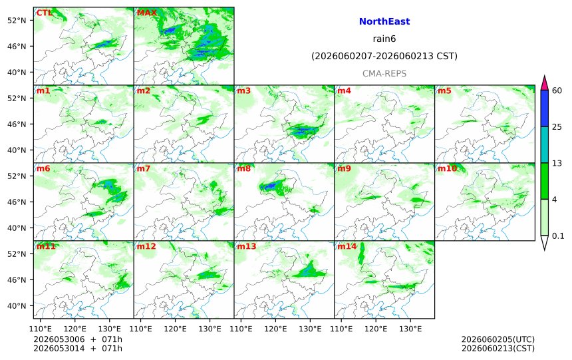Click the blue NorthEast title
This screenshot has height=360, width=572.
384,21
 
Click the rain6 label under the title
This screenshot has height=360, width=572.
384,39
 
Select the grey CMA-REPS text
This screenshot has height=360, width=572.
384,73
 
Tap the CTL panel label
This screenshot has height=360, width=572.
44,13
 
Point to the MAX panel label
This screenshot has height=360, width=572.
146,13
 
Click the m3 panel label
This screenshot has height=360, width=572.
244,90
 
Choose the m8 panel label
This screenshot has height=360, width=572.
244,168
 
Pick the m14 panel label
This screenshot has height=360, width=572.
347,246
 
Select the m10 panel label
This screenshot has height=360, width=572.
447,168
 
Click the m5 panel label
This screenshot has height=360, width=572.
445,90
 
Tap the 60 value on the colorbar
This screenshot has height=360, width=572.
557,90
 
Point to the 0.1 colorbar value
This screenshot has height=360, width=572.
558,236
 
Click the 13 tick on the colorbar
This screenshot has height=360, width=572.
557,163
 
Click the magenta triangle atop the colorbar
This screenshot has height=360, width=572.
544,83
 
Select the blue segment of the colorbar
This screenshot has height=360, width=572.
544,108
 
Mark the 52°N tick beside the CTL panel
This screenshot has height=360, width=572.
17,21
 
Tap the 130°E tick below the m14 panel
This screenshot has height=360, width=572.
410,329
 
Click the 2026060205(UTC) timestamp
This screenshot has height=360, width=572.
498,339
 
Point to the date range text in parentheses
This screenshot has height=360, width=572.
384,56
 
